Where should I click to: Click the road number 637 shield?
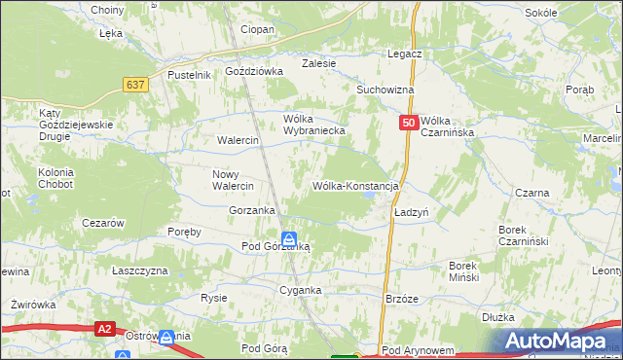click(135, 86)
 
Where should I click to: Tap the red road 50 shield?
click(409, 123)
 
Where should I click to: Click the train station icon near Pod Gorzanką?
click(290, 238)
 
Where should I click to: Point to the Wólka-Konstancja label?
click(356, 185)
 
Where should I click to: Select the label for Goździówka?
click(253, 71)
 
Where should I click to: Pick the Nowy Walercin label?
click(233, 180)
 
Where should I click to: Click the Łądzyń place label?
click(412, 211)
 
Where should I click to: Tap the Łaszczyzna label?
click(140, 270)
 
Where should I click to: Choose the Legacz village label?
click(404, 54)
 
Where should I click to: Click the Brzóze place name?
click(402, 299)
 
